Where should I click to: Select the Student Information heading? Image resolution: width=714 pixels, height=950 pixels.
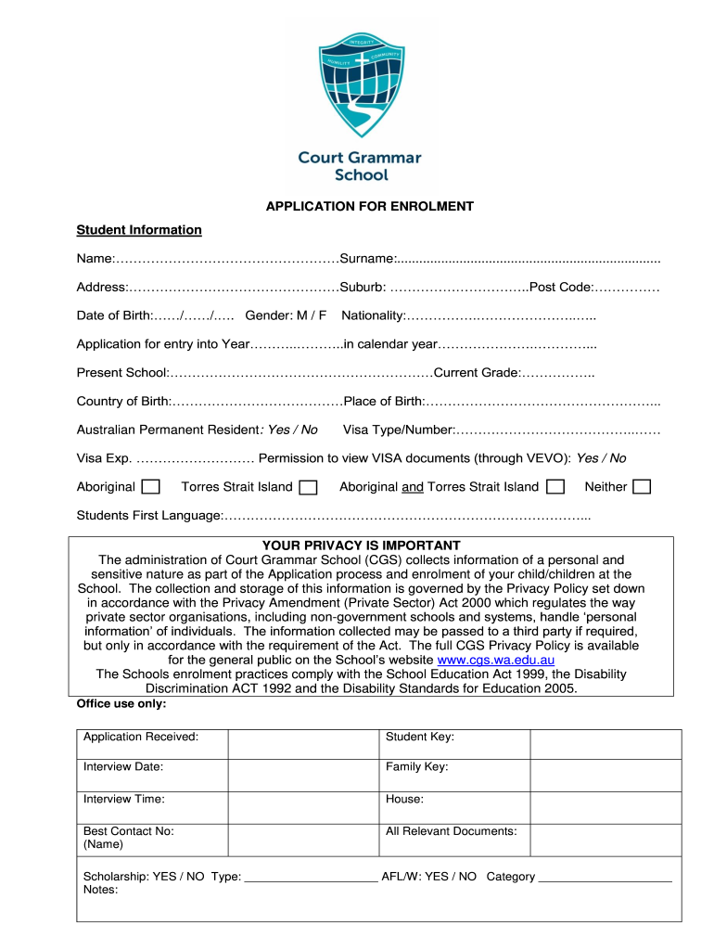(139, 229)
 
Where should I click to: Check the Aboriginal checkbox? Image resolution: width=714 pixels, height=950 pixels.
(150, 487)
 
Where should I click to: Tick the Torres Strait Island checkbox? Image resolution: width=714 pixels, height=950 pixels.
(308, 487)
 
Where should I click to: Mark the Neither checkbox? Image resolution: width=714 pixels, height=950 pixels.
(641, 487)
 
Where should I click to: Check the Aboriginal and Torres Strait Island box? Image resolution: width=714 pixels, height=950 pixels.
(555, 487)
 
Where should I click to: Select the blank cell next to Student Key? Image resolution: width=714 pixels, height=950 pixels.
(605, 745)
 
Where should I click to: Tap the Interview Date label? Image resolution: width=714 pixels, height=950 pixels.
(123, 767)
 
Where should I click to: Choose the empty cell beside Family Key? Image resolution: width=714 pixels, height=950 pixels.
(605, 776)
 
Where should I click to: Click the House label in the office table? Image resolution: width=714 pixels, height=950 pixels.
(404, 799)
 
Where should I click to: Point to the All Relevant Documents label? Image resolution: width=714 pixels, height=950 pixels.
(451, 831)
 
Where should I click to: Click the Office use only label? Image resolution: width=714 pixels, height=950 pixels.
(121, 704)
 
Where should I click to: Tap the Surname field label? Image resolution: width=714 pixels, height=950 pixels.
(367, 258)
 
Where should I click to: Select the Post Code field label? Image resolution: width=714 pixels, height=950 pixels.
(560, 288)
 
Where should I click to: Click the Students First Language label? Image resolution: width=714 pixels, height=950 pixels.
(148, 515)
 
